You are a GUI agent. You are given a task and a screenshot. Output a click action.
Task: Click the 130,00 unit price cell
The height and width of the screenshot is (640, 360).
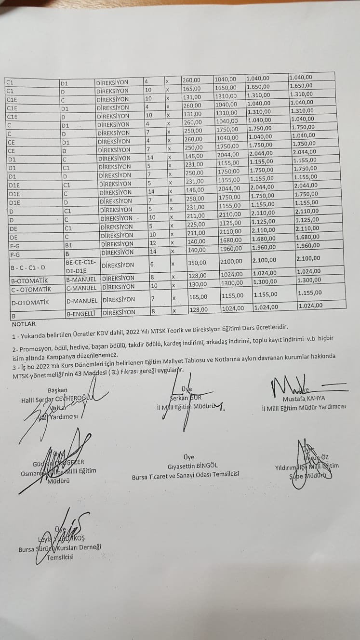point(197,284)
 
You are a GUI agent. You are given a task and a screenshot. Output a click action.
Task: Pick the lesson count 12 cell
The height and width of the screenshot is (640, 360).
point(152,243)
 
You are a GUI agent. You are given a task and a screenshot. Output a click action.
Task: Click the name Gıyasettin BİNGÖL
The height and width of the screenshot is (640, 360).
point(192,466)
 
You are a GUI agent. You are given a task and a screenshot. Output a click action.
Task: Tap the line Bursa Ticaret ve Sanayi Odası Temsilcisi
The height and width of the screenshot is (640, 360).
point(186,474)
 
